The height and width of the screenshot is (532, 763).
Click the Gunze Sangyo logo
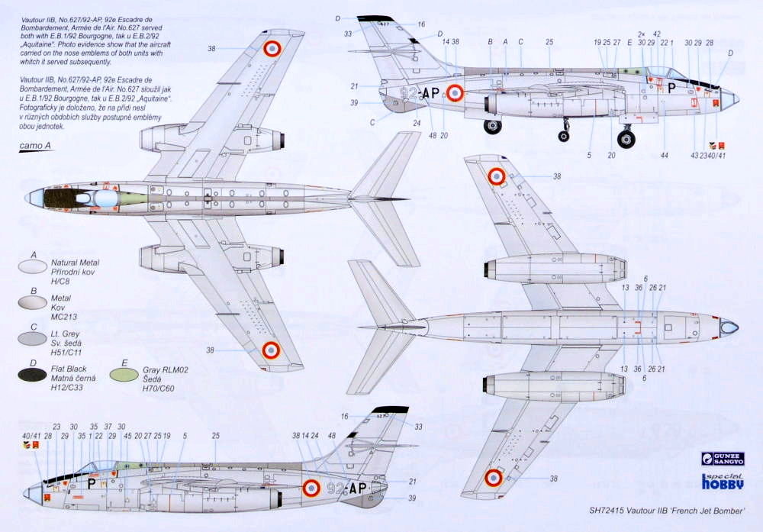[x=722, y=459]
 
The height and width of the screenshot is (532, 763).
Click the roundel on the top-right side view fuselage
[x=455, y=92]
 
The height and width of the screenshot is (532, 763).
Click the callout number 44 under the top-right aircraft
[x=665, y=155]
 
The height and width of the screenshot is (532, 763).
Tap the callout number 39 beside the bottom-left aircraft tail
[x=413, y=498]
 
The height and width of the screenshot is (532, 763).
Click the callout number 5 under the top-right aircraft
[x=589, y=155]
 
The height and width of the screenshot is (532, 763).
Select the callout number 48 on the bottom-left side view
[x=331, y=435]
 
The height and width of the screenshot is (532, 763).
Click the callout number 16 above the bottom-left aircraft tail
[x=344, y=416]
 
